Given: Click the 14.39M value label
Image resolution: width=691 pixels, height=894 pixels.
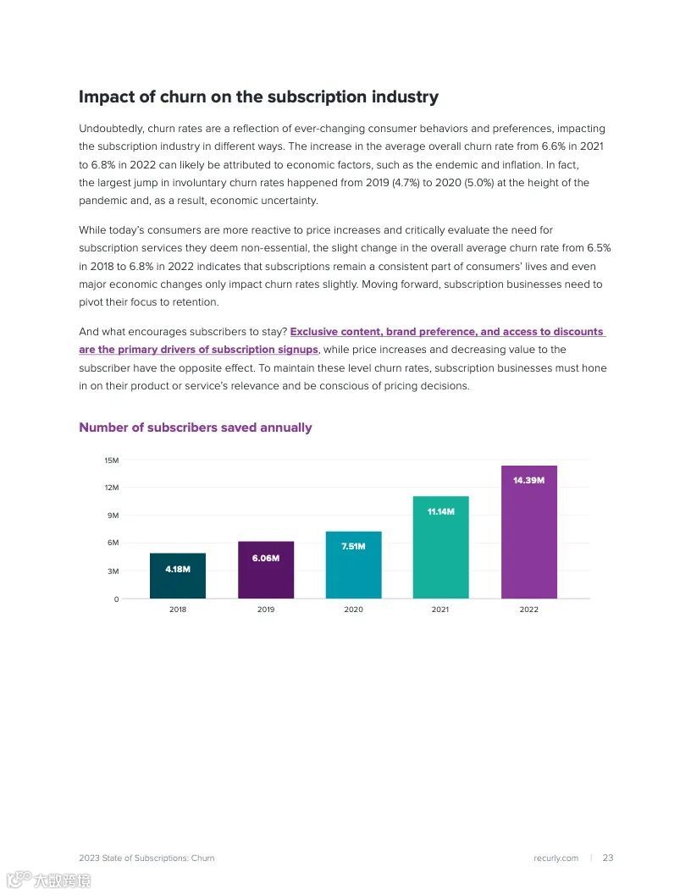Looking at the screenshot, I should coord(528,480).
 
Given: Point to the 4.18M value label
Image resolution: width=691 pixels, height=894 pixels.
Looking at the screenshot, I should coord(178,569).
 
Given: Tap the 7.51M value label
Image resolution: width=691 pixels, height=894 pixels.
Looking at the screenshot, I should coord(353,546).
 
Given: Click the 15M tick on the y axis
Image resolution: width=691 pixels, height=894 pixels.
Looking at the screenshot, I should coord(112,461).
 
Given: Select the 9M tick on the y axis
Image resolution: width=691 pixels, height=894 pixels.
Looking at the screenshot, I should coord(113,516).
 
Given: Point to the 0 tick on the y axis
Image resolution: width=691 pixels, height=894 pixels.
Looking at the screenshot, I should coord(116,599).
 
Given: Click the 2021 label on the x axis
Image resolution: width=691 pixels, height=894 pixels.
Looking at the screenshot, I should coord(440,610).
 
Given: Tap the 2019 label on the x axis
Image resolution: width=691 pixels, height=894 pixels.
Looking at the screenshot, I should coord(266,610).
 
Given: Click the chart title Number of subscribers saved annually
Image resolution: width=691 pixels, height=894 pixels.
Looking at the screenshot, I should coord(195,428).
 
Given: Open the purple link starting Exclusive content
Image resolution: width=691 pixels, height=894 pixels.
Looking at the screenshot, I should coord(447,332).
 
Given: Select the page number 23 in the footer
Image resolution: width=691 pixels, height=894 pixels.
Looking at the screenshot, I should coord(608,858).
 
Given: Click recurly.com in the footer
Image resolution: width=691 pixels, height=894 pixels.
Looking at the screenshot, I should coord(556,858).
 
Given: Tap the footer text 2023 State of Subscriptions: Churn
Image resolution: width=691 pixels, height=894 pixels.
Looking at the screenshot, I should coord(146,858).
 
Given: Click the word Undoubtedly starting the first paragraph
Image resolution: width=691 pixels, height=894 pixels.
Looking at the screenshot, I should coord(111,129).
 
